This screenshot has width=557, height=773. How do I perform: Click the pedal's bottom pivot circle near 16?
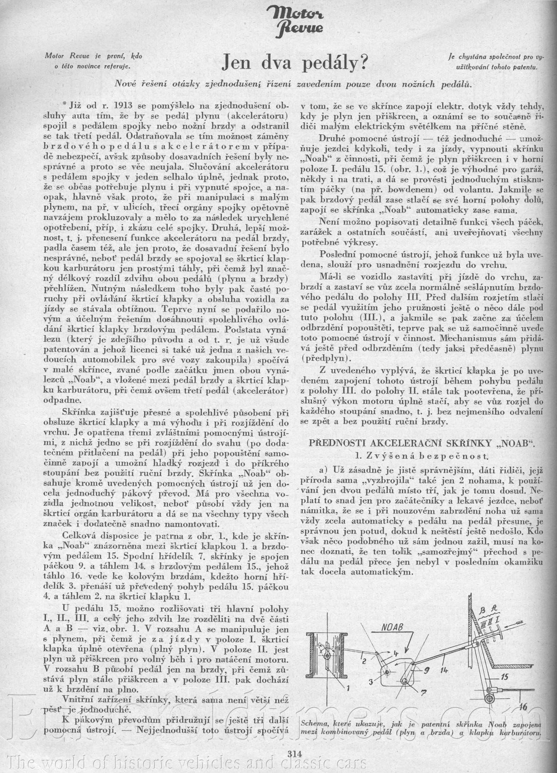[490, 697]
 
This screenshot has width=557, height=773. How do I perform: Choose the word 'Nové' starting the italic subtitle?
[126, 84]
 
